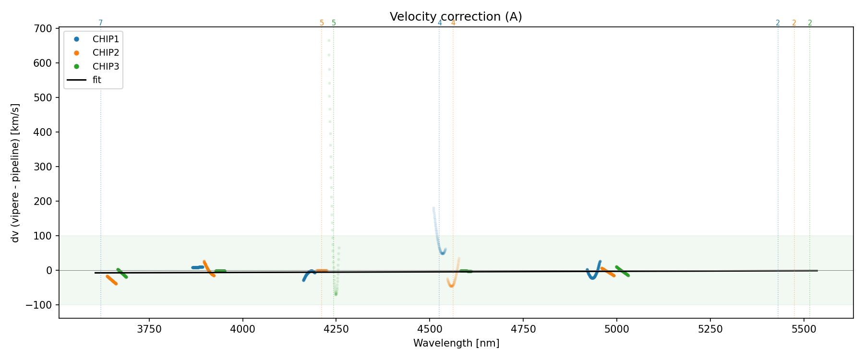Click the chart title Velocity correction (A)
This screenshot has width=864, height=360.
pyautogui.click(x=456, y=17)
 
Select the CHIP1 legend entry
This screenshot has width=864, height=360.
pyautogui.click(x=106, y=39)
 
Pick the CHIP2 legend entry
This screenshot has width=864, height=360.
pyautogui.click(x=106, y=53)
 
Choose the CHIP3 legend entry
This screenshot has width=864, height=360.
pyautogui.click(x=106, y=66)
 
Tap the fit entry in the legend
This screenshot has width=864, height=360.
pyautogui.click(x=97, y=80)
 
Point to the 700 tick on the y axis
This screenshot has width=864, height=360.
pyautogui.click(x=43, y=29)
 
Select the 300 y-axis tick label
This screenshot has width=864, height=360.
pyautogui.click(x=43, y=167)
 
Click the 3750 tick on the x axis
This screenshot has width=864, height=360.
pyautogui.click(x=149, y=329)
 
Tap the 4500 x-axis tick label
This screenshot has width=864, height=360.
pyautogui.click(x=430, y=329)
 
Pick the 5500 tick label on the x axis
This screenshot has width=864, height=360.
pyautogui.click(x=803, y=329)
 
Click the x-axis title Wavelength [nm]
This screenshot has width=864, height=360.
pyautogui.click(x=456, y=343)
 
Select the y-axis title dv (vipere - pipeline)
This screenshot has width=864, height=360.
pyautogui.click(x=15, y=173)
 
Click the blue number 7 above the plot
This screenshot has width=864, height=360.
pyautogui.click(x=100, y=23)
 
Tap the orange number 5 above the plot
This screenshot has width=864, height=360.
pyautogui.click(x=322, y=23)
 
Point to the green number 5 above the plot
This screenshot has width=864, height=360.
pyautogui.click(x=334, y=23)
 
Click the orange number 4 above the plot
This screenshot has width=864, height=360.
pyautogui.click(x=453, y=23)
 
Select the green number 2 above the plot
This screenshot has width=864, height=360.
pyautogui.click(x=810, y=23)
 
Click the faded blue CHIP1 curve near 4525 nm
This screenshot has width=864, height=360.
pyautogui.click(x=436, y=230)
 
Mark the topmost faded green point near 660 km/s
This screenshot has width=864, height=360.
pyautogui.click(x=329, y=40)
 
